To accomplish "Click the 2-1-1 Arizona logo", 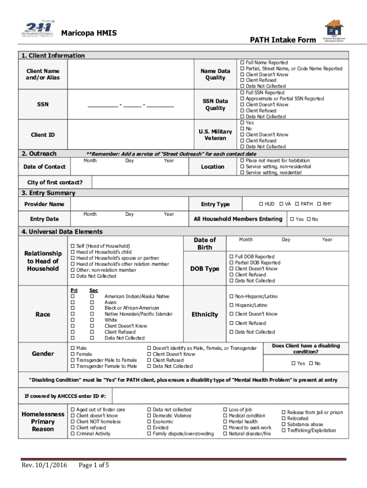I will tap(37, 31).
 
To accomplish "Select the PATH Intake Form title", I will tap(283, 40).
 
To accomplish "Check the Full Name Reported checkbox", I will tap(242, 62).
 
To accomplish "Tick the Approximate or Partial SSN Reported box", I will tap(242, 99).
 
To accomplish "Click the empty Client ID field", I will tap(132, 135).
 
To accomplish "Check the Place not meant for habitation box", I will tap(242, 161).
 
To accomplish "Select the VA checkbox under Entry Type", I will tap(281, 204).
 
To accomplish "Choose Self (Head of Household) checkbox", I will tap(73, 246).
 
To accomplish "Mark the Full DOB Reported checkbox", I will tap(232, 256).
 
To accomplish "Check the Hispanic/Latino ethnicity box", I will tap(232, 305).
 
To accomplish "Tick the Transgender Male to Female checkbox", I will tap(73, 360).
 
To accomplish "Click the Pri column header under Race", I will tap(74, 290).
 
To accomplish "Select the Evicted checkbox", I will tap(149, 427).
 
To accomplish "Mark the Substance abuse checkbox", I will tap(284, 425).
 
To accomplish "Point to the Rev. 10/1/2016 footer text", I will tap(43, 465).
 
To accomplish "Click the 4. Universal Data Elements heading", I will tap(61, 232).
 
